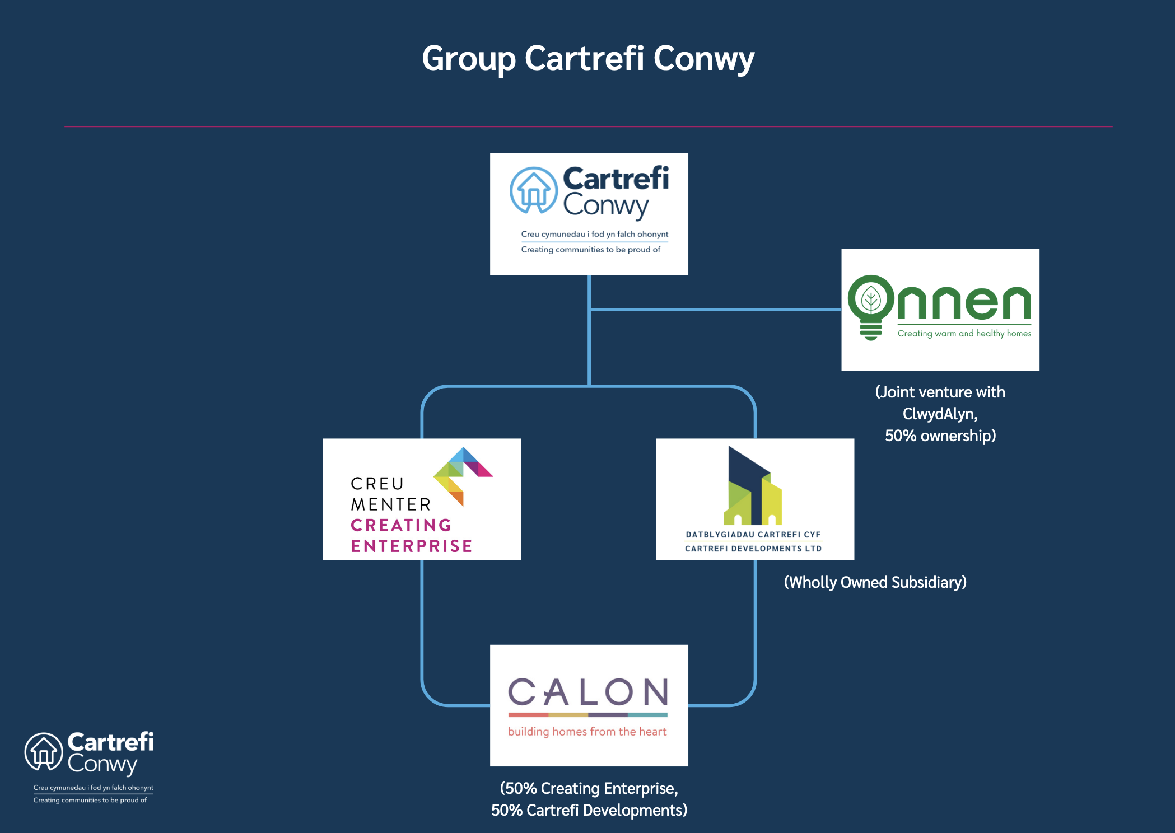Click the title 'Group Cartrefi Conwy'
588,59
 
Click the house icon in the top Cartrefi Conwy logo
534,190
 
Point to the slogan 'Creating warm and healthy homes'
964,333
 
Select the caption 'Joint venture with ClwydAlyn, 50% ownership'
940,414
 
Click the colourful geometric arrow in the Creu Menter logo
463,476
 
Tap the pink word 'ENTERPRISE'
412,546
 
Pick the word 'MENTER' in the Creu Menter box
391,504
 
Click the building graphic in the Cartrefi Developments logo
753,485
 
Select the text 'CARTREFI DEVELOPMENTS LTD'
753,549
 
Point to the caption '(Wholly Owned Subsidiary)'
875,582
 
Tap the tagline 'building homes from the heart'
587,732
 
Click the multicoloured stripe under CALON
588,715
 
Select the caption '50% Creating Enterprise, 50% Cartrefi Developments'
589,799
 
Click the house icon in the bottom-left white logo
44,751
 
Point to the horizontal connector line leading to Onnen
715,309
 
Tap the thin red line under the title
588,127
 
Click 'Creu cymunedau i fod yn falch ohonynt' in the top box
595,234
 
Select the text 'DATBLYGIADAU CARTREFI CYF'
753,535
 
